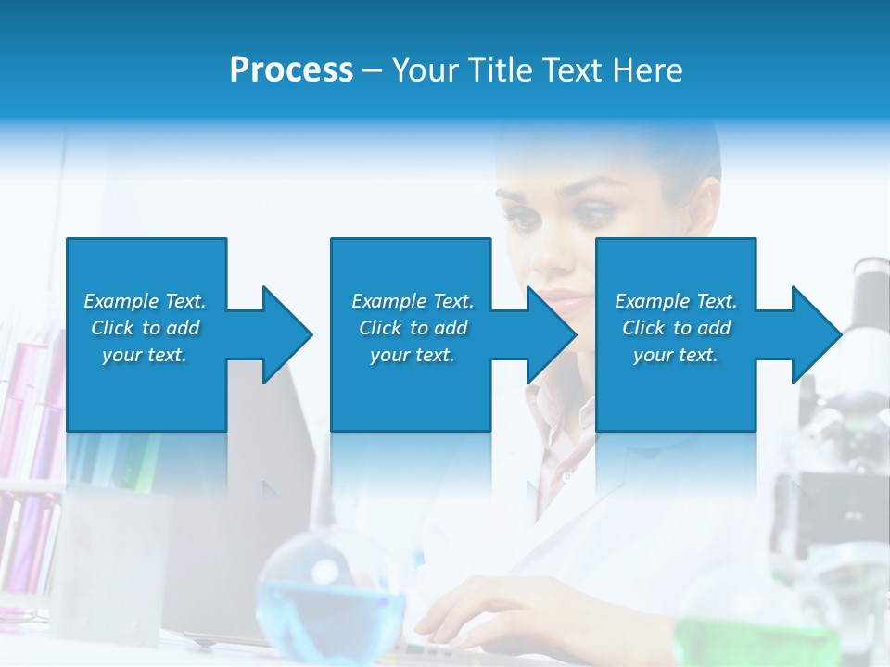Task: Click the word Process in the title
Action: [x=291, y=70]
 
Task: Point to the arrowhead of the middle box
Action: [x=551, y=334]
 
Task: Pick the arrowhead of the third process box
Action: [x=815, y=334]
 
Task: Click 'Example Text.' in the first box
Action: [x=145, y=301]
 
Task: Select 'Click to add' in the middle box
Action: [x=413, y=328]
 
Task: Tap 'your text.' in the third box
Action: [x=675, y=355]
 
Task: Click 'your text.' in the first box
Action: [x=145, y=355]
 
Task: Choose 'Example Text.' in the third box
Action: [x=675, y=301]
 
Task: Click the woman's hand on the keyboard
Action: [x=482, y=611]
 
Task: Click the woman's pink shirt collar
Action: [x=556, y=417]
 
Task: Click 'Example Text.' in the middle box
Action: [x=413, y=301]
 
